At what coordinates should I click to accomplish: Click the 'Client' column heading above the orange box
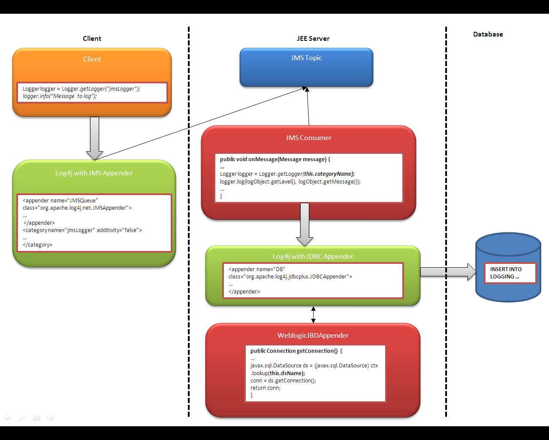[x=92, y=39]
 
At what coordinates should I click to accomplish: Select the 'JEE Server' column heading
[x=313, y=39]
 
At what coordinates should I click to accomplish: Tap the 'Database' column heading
[x=488, y=34]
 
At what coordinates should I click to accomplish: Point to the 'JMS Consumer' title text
[x=308, y=138]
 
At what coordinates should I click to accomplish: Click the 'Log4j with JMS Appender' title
[x=94, y=173]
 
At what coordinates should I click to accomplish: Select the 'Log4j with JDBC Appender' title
[x=313, y=257]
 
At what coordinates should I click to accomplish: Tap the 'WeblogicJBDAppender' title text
[x=313, y=336]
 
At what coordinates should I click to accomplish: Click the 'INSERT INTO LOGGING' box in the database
[x=510, y=273]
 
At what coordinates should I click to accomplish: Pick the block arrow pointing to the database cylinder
[x=448, y=272]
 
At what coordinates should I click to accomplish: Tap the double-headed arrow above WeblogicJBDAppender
[x=313, y=315]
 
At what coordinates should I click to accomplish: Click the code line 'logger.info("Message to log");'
[x=60, y=96]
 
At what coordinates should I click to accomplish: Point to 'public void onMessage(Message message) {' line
[x=275, y=159]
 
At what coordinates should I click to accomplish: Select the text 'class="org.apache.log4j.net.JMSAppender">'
[x=77, y=208]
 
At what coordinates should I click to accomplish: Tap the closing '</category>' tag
[x=37, y=245]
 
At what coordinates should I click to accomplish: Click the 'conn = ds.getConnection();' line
[x=283, y=380]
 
